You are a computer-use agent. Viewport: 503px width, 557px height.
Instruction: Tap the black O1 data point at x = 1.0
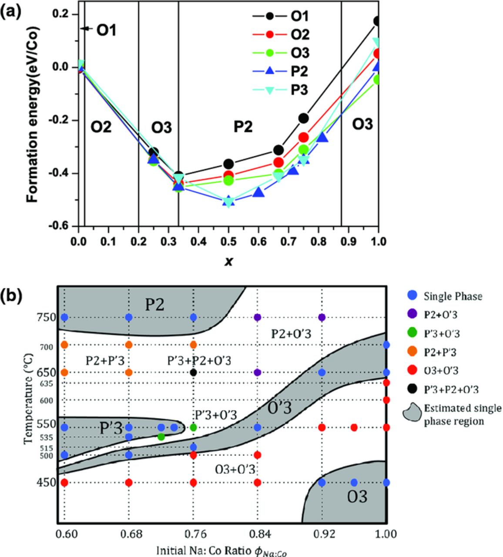pyautogui.click(x=378, y=21)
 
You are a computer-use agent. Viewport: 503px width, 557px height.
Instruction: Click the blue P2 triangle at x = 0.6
pyautogui.click(x=258, y=192)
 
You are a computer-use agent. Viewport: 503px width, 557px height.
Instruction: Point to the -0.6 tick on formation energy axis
pyautogui.click(x=63, y=226)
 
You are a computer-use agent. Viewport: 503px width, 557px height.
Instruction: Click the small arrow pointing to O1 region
pyautogui.click(x=86, y=29)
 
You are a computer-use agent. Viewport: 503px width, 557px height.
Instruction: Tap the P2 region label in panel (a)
pyautogui.click(x=243, y=126)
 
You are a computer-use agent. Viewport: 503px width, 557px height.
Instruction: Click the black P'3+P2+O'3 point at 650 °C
pyautogui.click(x=194, y=372)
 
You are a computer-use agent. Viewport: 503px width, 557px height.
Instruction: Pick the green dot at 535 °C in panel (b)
pyautogui.click(x=161, y=436)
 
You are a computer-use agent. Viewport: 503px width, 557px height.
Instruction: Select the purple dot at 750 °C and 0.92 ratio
pyautogui.click(x=322, y=317)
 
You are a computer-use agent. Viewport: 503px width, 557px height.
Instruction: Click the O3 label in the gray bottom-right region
pyautogui.click(x=357, y=497)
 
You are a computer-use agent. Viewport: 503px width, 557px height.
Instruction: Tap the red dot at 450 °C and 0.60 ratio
pyautogui.click(x=64, y=483)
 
